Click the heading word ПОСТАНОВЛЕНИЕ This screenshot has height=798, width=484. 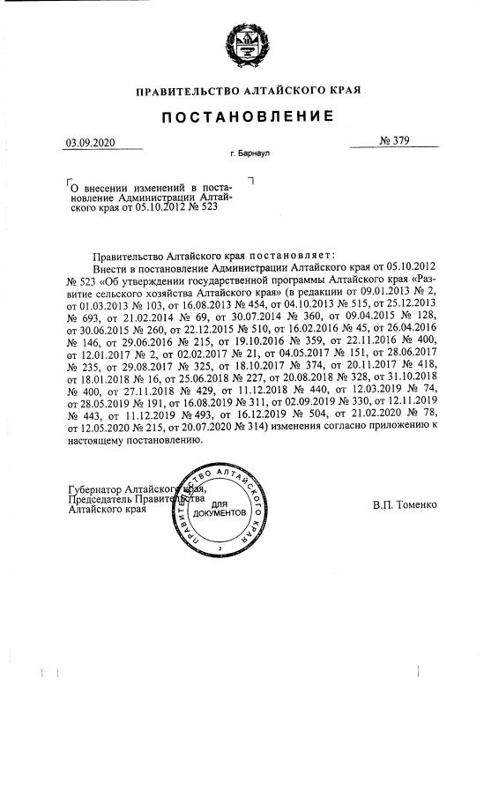click(x=247, y=117)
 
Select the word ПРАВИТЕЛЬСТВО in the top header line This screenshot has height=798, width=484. click(x=187, y=91)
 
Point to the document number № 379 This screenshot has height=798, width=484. click(x=396, y=141)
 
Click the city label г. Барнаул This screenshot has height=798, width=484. click(x=249, y=154)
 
